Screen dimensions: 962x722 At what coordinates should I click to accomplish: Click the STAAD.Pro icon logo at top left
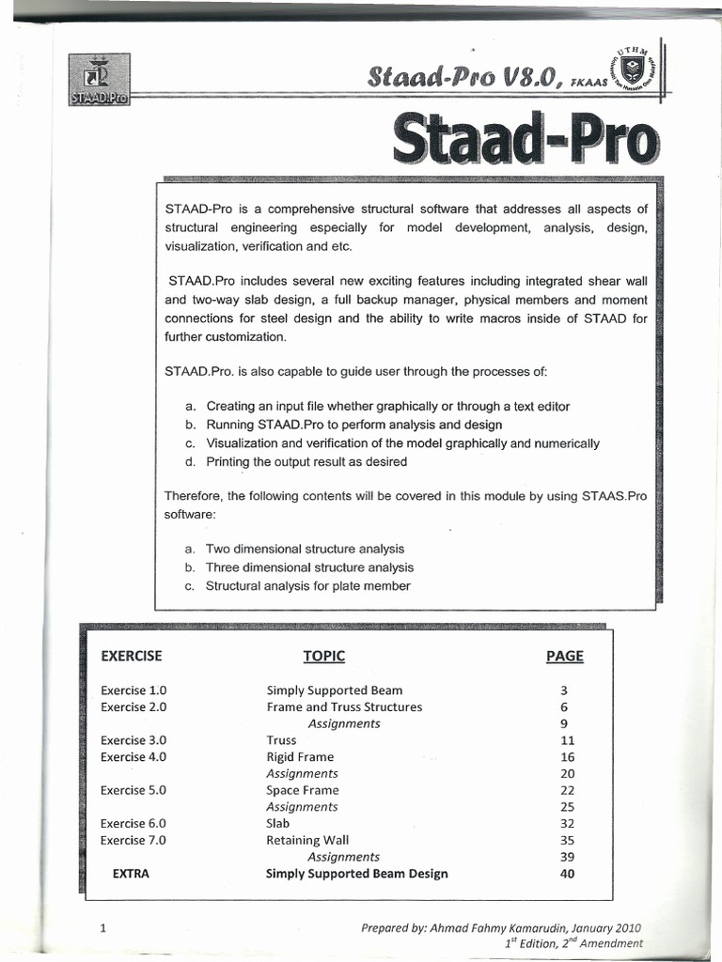point(100,82)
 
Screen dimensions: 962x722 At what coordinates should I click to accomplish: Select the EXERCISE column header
point(132,656)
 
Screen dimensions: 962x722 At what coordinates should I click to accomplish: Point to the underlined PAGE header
point(564,656)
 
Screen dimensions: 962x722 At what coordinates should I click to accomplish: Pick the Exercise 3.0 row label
point(133,740)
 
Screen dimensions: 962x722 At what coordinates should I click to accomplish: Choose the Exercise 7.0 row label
point(133,841)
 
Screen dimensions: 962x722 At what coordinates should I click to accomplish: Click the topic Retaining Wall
point(307,841)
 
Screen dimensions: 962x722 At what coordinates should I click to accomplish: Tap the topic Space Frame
point(303,790)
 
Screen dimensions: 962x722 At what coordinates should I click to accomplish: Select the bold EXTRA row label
point(131,874)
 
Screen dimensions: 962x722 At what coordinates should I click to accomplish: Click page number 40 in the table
point(566,874)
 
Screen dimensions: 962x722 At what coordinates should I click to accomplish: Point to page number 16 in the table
point(566,756)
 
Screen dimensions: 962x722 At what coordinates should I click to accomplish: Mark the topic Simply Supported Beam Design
point(357,874)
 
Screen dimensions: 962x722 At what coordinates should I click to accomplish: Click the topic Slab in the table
point(278,824)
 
